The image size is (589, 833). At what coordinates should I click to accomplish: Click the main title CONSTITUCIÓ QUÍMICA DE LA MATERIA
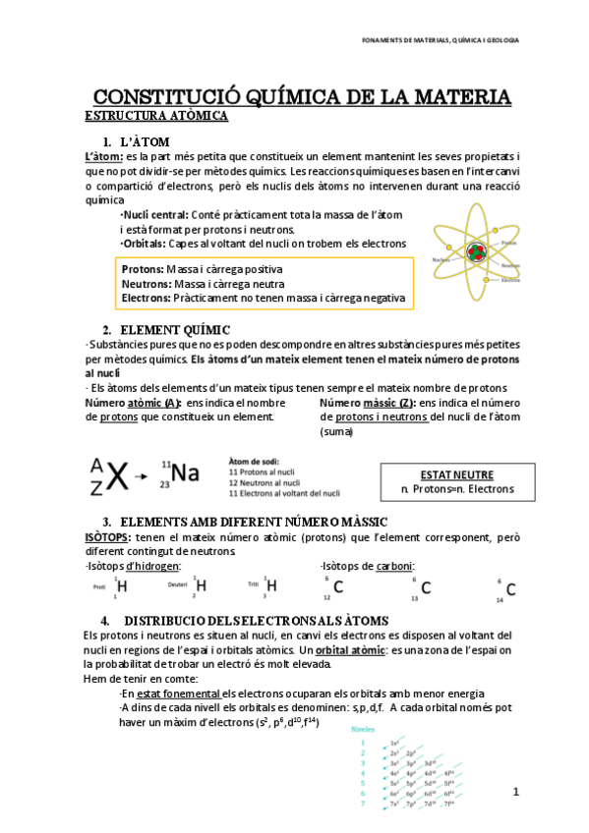[301, 97]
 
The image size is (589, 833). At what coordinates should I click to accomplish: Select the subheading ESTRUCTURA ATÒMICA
[156, 116]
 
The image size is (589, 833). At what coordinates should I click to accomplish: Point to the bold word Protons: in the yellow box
[143, 269]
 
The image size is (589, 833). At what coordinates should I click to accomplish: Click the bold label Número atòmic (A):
[134, 403]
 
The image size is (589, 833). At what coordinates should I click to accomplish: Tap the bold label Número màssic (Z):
[368, 403]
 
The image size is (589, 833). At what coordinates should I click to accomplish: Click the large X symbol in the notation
[117, 475]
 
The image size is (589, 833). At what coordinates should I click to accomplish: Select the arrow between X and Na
[143, 476]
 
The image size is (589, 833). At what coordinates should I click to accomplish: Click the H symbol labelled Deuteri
[201, 586]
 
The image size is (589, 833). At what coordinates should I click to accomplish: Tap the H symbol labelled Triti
[271, 586]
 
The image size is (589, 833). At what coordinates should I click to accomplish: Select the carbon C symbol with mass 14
[509, 588]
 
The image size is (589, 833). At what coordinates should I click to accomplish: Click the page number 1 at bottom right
[515, 791]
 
